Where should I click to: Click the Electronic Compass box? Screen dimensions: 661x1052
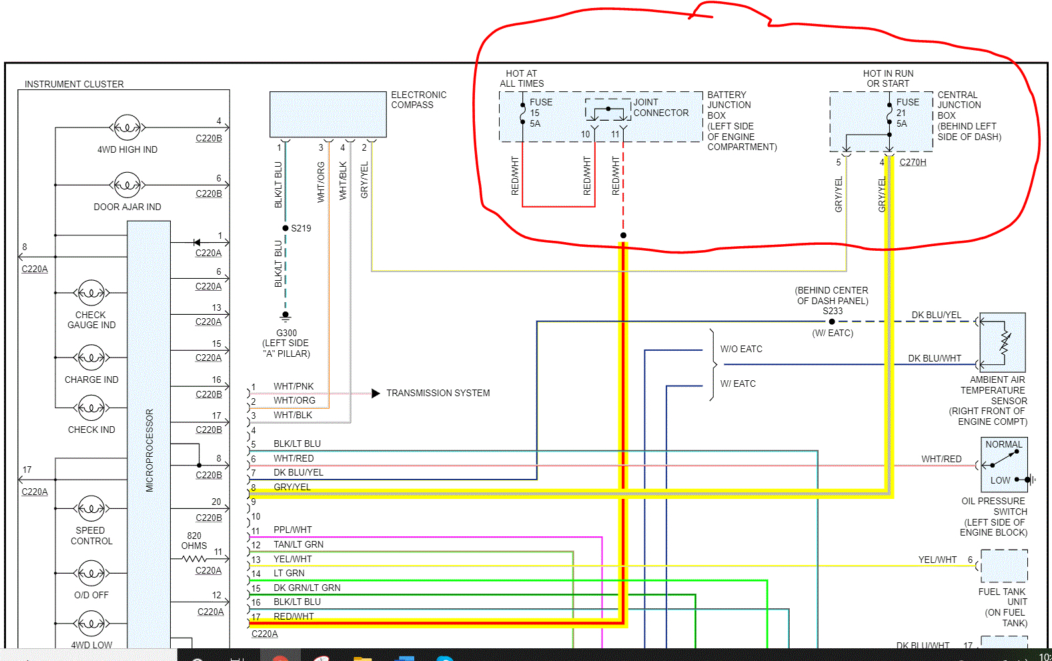pos(328,114)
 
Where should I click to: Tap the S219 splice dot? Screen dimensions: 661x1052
pos(286,228)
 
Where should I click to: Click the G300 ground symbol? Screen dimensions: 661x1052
pos(286,315)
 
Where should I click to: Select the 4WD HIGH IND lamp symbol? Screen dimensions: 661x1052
pos(127,127)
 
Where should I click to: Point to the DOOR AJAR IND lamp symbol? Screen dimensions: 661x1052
pos(127,185)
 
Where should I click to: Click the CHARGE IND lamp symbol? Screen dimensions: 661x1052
pos(91,358)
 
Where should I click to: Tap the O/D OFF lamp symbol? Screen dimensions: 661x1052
pos(91,573)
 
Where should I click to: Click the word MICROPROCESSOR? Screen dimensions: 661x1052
pos(149,450)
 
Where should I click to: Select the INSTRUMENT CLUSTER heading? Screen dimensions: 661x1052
pos(74,84)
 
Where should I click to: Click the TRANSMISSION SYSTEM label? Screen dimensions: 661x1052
pos(438,393)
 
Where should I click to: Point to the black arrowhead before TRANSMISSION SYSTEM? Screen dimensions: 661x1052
pos(376,393)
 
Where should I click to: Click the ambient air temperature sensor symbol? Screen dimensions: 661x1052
pos(1002,342)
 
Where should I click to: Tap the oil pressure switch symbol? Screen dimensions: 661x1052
pos(1004,464)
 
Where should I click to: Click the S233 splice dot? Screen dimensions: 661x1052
pos(832,321)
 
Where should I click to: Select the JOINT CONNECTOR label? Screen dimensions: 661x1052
pos(660,107)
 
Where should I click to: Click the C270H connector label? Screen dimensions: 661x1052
pos(913,162)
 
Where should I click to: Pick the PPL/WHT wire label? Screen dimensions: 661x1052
pos(292,530)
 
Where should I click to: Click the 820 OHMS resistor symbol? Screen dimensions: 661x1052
pos(194,558)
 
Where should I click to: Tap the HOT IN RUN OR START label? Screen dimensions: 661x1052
pos(888,78)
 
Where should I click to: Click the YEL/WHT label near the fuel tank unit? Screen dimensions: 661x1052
pos(937,560)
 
